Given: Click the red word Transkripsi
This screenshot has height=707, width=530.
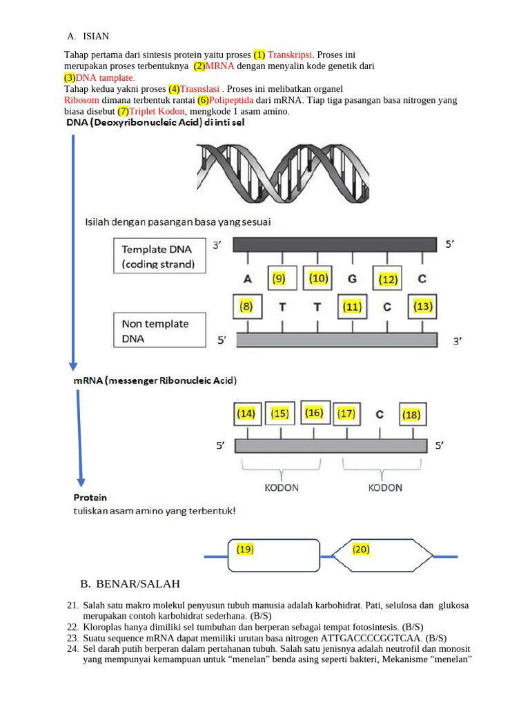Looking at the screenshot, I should coord(290,54).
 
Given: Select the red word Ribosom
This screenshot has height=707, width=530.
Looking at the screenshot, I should coord(83,100).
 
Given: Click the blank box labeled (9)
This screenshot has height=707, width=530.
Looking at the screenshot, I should coord(282,279).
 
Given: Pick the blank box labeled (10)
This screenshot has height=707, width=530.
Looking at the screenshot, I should coord(318,278).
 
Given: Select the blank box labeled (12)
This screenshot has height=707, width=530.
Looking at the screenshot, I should coord(389,279).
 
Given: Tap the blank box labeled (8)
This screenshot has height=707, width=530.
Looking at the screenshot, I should coord(246,306).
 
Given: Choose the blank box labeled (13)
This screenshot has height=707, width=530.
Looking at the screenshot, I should coord(423,306).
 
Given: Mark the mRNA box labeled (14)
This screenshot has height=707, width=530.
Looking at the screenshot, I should coord(246,414).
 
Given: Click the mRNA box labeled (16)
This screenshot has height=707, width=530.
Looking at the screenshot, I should coord(314,412).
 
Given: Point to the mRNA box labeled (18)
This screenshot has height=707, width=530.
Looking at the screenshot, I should coord(411,414).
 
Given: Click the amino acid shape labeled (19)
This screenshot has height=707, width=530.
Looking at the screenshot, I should coord(274,555).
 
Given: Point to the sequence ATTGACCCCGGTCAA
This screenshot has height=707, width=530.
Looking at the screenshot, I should coord(373,638).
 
